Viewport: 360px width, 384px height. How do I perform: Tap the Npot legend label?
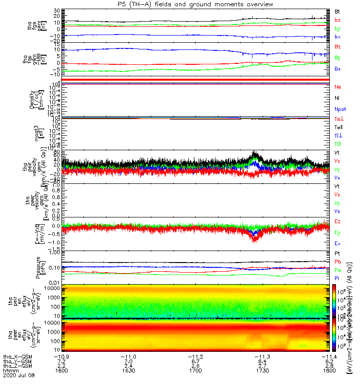[339, 109]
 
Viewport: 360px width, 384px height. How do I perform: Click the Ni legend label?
[337, 98]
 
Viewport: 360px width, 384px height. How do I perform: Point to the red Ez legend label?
[337, 221]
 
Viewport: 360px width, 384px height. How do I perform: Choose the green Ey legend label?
[337, 232]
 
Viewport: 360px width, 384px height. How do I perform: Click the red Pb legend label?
[337, 261]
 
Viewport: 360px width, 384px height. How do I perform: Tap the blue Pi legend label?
[337, 278]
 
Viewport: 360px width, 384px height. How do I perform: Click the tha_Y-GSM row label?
[15, 361]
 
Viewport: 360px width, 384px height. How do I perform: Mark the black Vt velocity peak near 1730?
[255, 153]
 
